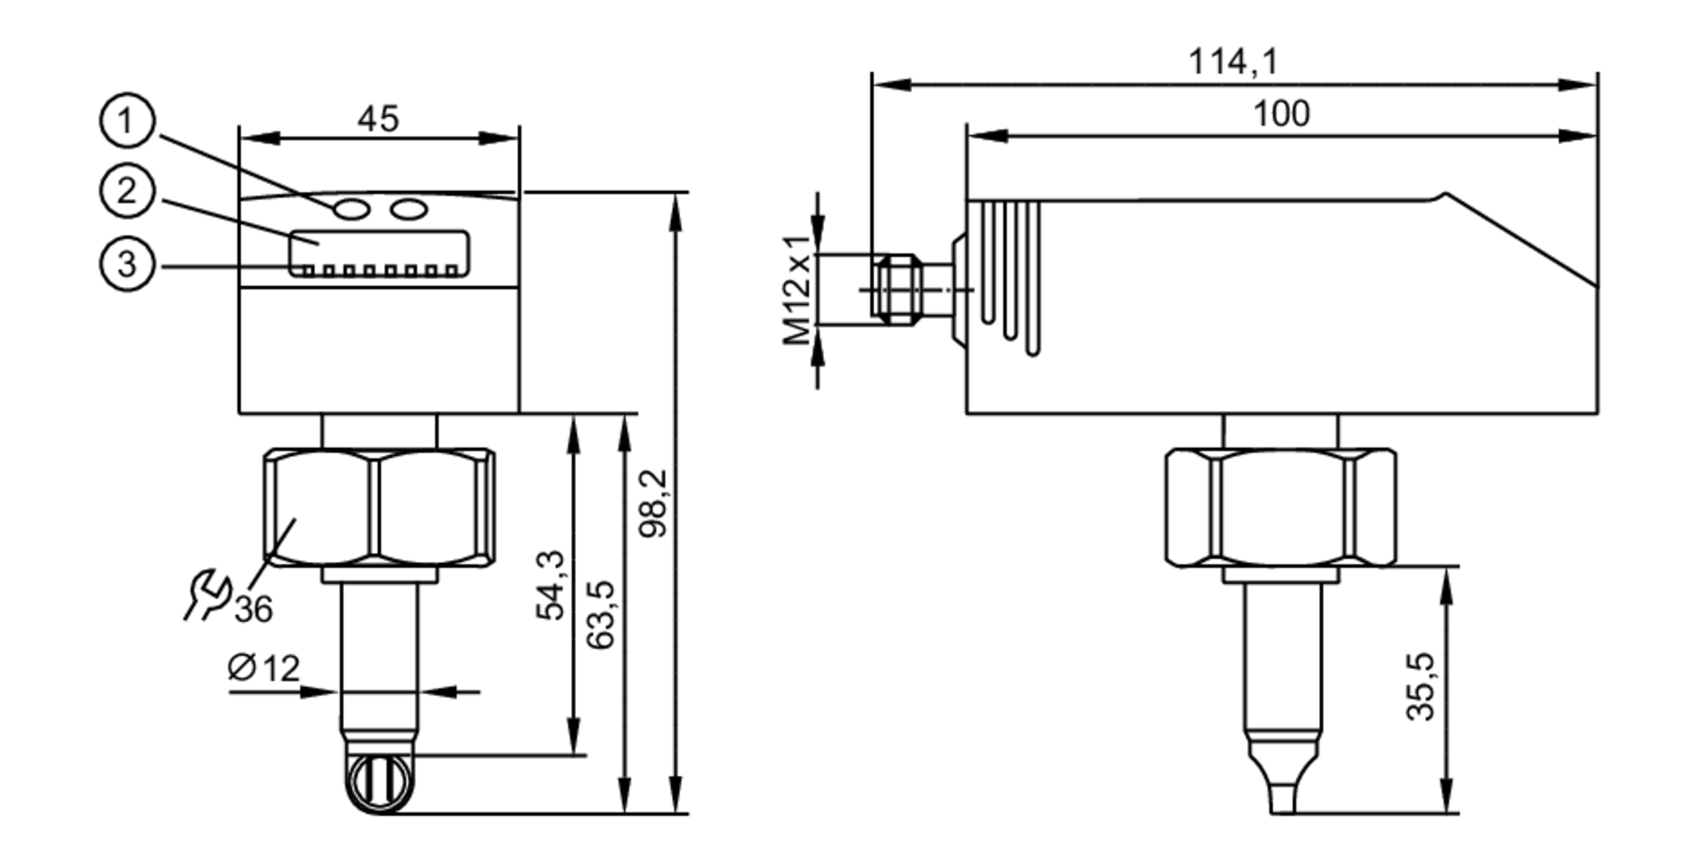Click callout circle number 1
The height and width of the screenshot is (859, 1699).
click(127, 121)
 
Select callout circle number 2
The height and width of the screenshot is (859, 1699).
click(127, 191)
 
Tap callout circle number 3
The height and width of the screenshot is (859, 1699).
click(127, 264)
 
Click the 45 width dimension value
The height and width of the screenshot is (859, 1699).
click(378, 120)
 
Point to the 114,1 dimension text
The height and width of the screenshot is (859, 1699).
click(1232, 62)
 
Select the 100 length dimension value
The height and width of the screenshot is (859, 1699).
click(1281, 114)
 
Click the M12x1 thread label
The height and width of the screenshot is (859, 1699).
click(797, 289)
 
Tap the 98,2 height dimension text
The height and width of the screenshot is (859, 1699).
click(654, 503)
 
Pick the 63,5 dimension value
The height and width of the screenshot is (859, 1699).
click(601, 615)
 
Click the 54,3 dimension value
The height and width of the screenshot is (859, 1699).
click(550, 586)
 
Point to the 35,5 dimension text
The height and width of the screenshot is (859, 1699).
click(1420, 687)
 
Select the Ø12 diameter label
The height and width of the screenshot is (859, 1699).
click(264, 669)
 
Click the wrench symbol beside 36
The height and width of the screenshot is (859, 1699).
click(206, 595)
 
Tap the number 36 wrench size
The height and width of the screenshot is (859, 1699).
click(253, 609)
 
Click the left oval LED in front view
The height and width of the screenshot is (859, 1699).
click(351, 209)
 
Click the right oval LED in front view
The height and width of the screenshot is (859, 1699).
click(409, 209)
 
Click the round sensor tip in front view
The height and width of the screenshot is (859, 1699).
click(380, 782)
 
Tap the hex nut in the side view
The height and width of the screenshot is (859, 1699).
click(1280, 508)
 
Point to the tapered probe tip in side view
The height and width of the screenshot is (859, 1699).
click(1282, 777)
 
